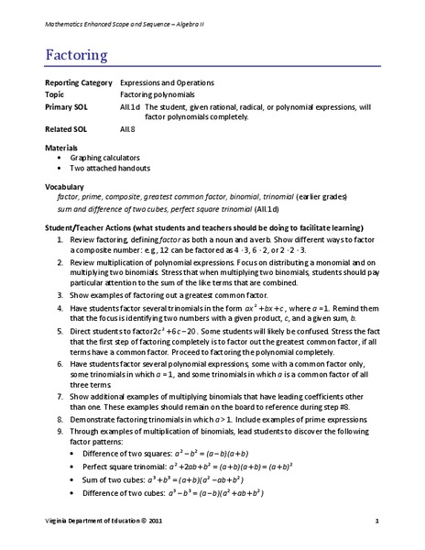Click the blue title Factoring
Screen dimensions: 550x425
[76, 54]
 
